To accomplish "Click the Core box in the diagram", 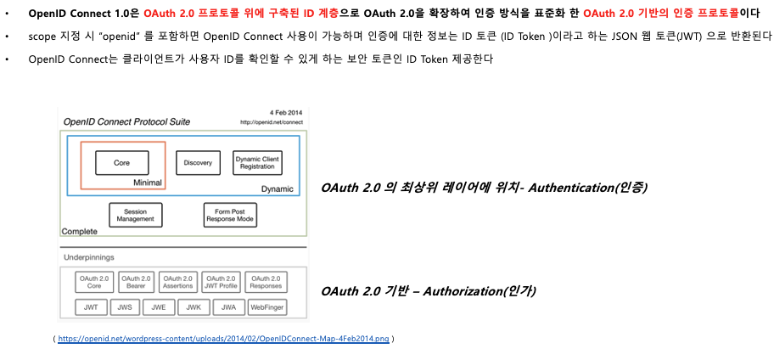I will [121, 162].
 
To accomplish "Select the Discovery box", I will [198, 162].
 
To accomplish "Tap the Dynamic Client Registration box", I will [256, 162].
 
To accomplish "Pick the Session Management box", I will [136, 214].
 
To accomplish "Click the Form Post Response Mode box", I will [229, 214].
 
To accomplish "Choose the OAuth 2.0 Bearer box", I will [136, 283].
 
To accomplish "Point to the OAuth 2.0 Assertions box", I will [178, 283].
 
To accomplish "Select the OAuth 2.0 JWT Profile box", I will [221, 283].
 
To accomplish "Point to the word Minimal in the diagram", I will [148, 183].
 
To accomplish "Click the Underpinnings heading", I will [90, 256].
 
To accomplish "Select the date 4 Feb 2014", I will [286, 113].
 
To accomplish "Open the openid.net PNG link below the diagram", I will [224, 339].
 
